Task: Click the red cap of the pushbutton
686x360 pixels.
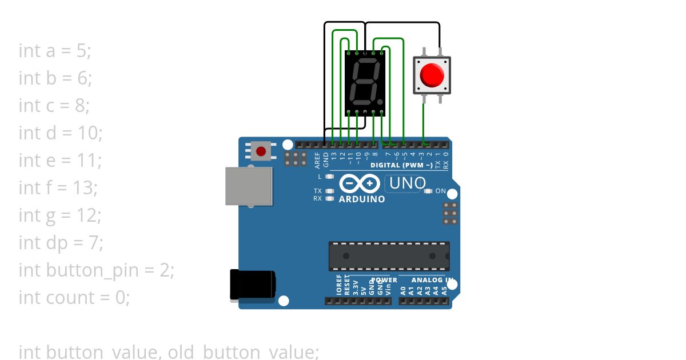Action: click(x=432, y=75)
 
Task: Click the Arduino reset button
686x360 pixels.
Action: click(x=261, y=151)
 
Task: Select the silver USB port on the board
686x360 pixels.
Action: click(x=249, y=186)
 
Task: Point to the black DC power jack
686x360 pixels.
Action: click(x=252, y=285)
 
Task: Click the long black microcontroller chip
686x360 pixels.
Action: click(x=389, y=256)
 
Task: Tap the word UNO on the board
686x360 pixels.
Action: click(x=408, y=183)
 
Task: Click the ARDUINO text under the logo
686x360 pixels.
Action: click(x=362, y=199)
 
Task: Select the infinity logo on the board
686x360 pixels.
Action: click(x=360, y=183)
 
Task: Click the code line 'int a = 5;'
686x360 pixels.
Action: click(x=55, y=51)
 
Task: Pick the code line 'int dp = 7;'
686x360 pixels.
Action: click(x=61, y=243)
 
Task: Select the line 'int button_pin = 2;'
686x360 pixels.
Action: click(x=96, y=270)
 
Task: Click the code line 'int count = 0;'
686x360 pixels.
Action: click(x=74, y=298)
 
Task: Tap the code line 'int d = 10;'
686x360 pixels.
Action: click(x=61, y=133)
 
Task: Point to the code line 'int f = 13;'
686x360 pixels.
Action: click(x=58, y=188)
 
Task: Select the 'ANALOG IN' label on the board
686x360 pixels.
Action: click(x=432, y=280)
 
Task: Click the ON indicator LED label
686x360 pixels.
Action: click(x=440, y=191)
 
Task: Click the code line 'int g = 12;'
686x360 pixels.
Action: click(x=60, y=215)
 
